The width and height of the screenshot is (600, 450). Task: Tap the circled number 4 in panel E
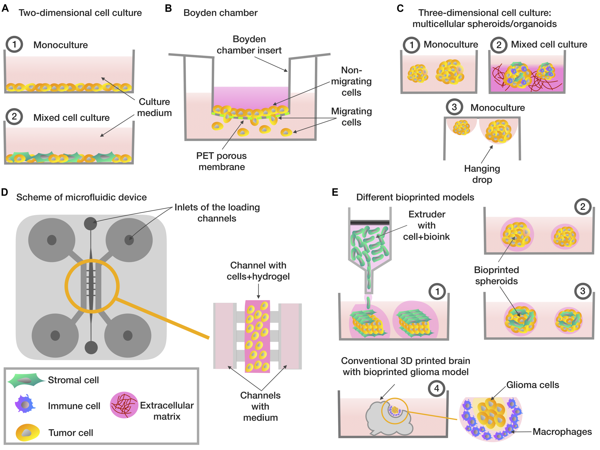click(x=436, y=388)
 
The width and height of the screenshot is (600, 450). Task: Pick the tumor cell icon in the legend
click(x=27, y=432)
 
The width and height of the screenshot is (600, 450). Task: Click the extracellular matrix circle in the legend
click(x=124, y=405)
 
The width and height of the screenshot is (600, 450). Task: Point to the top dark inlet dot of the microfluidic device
click(x=90, y=223)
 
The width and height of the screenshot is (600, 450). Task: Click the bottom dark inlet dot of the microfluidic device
click(x=91, y=348)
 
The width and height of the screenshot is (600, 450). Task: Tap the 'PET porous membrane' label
click(x=222, y=161)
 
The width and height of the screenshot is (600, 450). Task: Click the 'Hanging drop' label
click(x=482, y=174)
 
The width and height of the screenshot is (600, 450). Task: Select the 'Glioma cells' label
click(x=533, y=385)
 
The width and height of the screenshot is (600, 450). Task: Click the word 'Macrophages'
click(x=562, y=432)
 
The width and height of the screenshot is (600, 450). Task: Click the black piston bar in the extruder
click(x=370, y=222)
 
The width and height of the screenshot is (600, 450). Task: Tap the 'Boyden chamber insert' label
click(x=249, y=45)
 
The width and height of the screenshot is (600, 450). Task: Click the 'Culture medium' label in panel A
click(x=154, y=107)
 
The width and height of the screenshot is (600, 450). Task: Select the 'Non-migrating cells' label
click(x=351, y=81)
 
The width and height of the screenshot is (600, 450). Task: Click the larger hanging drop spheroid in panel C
click(x=498, y=131)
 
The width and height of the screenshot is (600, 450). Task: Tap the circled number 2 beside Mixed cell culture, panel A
click(x=14, y=117)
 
